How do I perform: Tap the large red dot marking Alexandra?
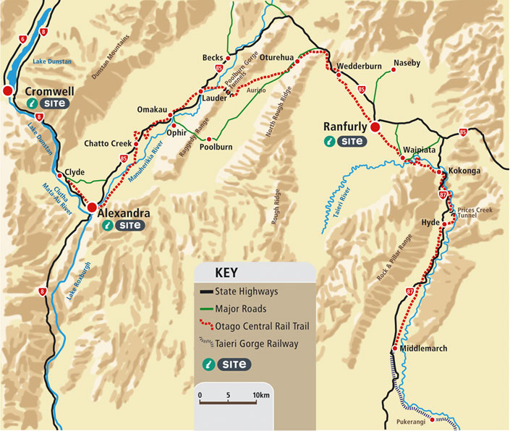[92, 208]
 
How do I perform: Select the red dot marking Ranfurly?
[375, 127]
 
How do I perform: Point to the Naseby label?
[407, 64]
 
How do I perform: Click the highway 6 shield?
[23, 39]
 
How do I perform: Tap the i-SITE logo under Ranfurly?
[346, 141]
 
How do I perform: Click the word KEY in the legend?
[227, 273]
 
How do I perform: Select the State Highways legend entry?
[246, 292]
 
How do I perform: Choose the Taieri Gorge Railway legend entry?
[256, 344]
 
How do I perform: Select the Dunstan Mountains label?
[110, 57]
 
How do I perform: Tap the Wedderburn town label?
[360, 66]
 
